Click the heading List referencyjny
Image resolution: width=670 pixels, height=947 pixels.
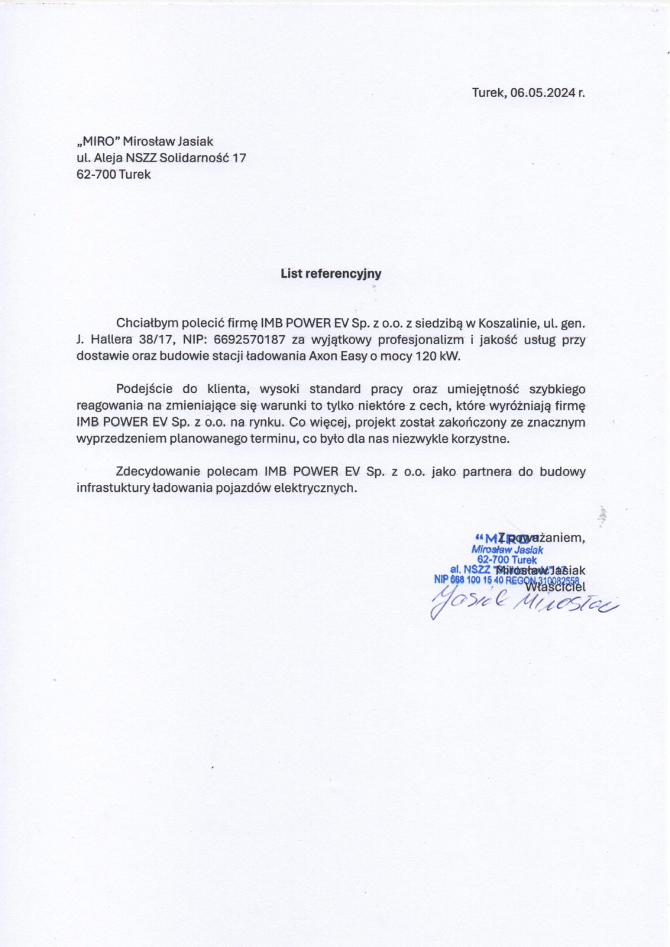coord(331,273)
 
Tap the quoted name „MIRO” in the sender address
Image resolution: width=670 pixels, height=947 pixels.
coord(98,141)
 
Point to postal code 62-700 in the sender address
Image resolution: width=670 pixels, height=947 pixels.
coord(95,174)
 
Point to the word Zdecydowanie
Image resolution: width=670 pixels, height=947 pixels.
coord(158,471)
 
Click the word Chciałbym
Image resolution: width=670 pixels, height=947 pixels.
coord(144,323)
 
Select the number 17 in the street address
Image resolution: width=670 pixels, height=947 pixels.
coord(239,158)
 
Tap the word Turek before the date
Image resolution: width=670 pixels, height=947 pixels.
coord(488,92)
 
